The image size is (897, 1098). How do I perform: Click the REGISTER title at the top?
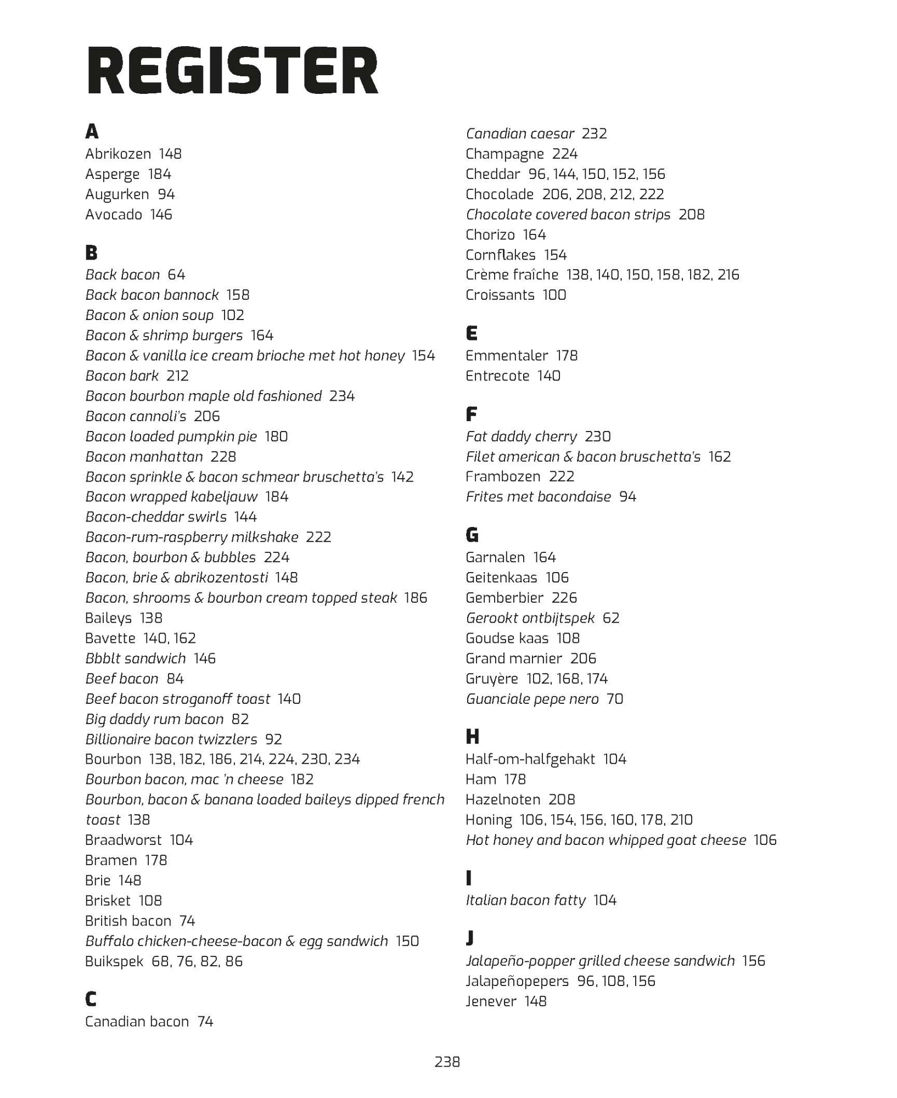pyautogui.click(x=232, y=72)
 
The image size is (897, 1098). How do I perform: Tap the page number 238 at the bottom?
pyautogui.click(x=447, y=1062)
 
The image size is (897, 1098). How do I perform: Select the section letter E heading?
pyautogui.click(x=472, y=333)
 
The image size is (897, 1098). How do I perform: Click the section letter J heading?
pyautogui.click(x=470, y=939)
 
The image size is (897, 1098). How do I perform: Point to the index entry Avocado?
pyautogui.click(x=114, y=214)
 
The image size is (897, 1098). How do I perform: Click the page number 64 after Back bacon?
pyautogui.click(x=176, y=274)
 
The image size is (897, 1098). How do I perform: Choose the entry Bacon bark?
pyautogui.click(x=122, y=376)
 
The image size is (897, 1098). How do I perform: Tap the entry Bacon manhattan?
pyautogui.click(x=144, y=456)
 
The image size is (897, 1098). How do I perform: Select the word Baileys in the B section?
pyautogui.click(x=108, y=618)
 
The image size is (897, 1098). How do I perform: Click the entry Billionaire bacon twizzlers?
pyautogui.click(x=171, y=739)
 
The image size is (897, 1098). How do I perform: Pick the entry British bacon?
pyautogui.click(x=128, y=921)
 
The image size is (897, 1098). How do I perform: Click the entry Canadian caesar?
pyautogui.click(x=519, y=133)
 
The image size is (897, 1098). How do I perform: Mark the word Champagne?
pyautogui.click(x=504, y=154)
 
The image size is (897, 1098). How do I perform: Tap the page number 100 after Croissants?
pyautogui.click(x=554, y=295)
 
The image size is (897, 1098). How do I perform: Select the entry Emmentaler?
pyautogui.click(x=506, y=355)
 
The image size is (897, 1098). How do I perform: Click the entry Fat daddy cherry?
pyautogui.click(x=521, y=436)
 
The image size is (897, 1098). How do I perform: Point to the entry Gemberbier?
pyautogui.click(x=504, y=597)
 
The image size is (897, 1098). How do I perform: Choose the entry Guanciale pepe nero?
pyautogui.click(x=531, y=699)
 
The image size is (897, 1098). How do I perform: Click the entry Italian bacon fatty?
pyautogui.click(x=525, y=900)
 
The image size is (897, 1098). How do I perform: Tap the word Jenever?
pyautogui.click(x=491, y=1001)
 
